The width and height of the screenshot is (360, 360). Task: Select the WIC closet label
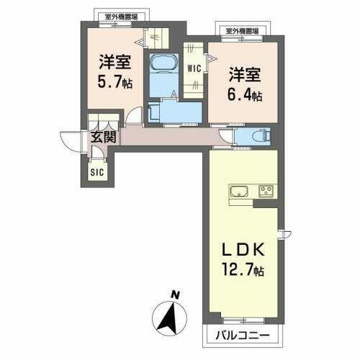[x=193, y=70]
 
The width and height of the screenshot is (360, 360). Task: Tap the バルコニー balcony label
[x=241, y=335]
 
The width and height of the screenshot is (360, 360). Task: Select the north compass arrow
[x=171, y=315]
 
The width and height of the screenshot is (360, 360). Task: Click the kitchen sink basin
[x=239, y=192]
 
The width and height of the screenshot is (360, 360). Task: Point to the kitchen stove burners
[x=265, y=192]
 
